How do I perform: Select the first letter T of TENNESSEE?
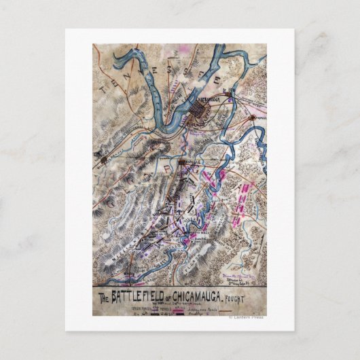point(101,88)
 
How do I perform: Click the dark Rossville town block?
point(184,164)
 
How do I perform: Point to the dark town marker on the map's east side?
point(255,118)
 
